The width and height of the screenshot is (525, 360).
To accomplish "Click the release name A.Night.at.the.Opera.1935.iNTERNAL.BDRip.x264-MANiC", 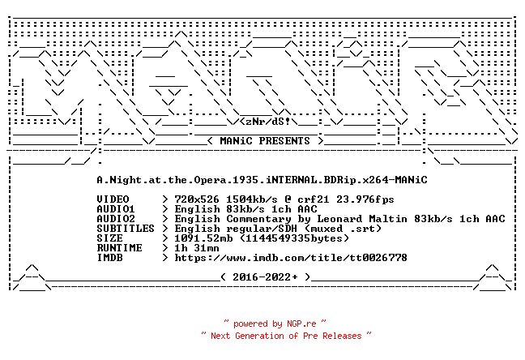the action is point(262,180).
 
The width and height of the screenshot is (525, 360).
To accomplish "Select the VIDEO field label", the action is point(113,199).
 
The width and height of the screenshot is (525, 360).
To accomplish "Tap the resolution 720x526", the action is point(197,199).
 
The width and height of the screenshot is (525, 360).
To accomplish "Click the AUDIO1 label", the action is point(116,209).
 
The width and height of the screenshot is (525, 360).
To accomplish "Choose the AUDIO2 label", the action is point(116,219).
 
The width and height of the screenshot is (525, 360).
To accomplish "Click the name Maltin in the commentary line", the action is point(388,219).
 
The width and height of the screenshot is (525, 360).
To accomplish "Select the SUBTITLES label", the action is point(126,229).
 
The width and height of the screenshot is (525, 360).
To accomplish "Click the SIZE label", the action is point(109,238).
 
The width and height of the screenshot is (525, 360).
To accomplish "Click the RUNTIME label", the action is point(119,248).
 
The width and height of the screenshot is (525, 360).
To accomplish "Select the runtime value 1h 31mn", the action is point(197,248).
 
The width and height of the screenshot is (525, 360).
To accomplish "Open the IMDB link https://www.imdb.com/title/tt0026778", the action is point(291,257).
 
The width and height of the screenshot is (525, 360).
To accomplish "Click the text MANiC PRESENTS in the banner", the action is point(265,141).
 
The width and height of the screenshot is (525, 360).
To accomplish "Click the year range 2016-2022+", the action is point(265,276).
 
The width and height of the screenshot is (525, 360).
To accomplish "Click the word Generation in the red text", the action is point(259,336).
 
